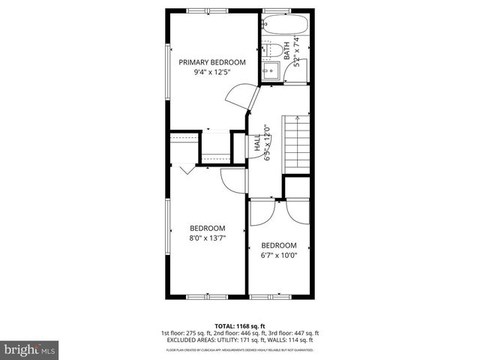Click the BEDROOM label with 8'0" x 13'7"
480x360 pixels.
pos(207,228)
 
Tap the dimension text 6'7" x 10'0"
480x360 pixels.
pos(278,255)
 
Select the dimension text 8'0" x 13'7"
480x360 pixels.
pos(207,238)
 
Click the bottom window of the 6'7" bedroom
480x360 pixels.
pos(279,297)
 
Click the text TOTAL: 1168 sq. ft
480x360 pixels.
pos(239,325)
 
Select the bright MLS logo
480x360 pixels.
pos(30,349)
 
